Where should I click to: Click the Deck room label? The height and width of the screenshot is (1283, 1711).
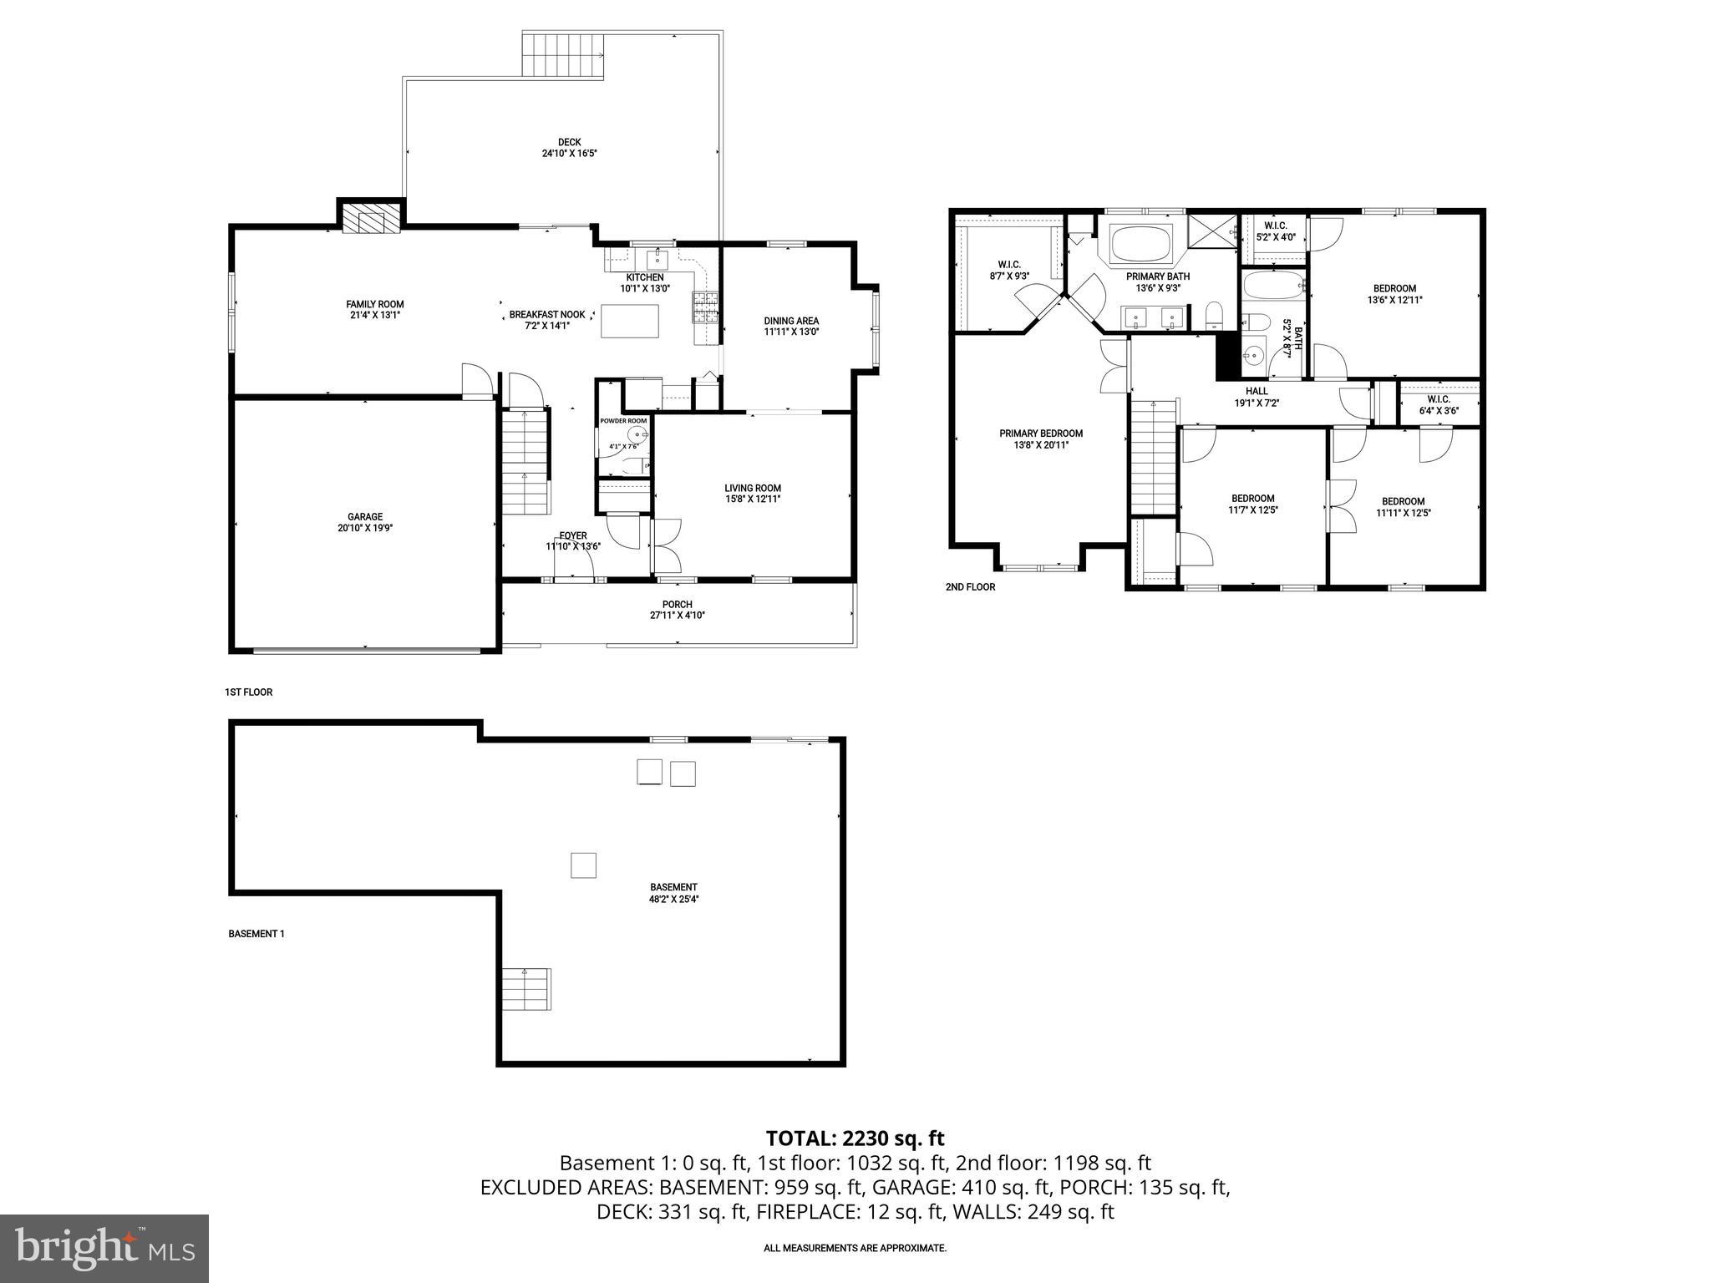(x=569, y=142)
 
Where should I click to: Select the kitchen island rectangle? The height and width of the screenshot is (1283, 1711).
(x=630, y=322)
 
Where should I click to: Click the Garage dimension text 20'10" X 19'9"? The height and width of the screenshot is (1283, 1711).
(x=365, y=528)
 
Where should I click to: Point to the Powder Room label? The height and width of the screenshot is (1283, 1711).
(x=623, y=421)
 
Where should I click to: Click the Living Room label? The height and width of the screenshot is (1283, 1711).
(x=752, y=488)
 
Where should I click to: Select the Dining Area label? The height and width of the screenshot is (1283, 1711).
(x=791, y=321)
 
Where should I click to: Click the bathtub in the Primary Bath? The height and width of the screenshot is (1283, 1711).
(x=1141, y=243)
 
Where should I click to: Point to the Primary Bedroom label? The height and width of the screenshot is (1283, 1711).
(x=1041, y=434)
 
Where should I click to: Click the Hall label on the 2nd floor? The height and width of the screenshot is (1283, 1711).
(x=1257, y=391)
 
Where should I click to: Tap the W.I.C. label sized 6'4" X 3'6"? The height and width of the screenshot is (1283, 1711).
(x=1439, y=399)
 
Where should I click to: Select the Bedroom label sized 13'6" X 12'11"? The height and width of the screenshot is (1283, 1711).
(x=1394, y=289)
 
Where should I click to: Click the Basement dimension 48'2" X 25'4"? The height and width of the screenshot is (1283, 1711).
(x=673, y=900)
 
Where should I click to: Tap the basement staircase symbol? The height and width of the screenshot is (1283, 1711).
(x=526, y=989)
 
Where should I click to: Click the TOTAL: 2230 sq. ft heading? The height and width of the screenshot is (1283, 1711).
(x=855, y=1138)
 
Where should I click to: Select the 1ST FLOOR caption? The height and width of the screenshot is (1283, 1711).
(x=248, y=692)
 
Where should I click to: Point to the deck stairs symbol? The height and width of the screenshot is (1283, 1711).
(x=562, y=55)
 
